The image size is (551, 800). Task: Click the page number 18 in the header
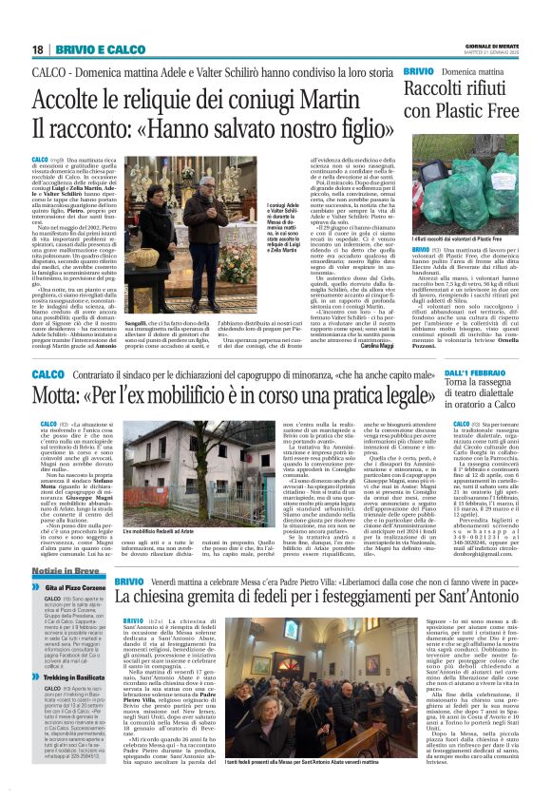(x=38, y=49)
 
